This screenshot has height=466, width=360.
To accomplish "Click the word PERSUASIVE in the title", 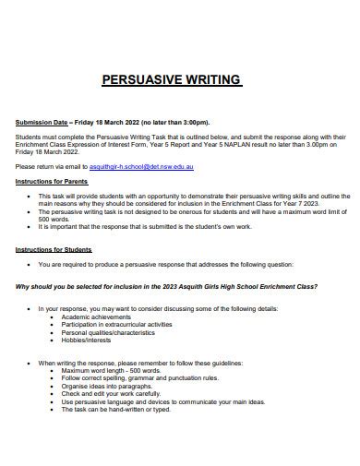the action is pyautogui.click(x=140, y=80).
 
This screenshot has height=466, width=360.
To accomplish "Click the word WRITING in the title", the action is pyautogui.click(x=211, y=80).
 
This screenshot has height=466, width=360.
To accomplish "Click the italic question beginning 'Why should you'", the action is pyautogui.click(x=167, y=287).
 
